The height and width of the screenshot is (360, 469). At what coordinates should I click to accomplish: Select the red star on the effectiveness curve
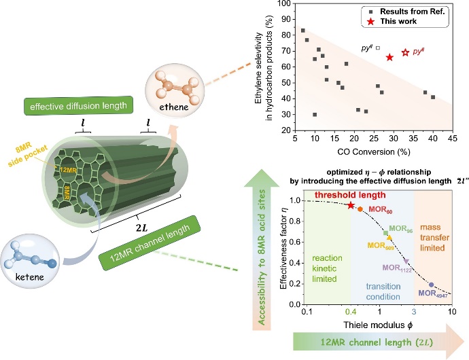point(351,205)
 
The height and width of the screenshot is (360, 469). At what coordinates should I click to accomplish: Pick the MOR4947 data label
point(432,292)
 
